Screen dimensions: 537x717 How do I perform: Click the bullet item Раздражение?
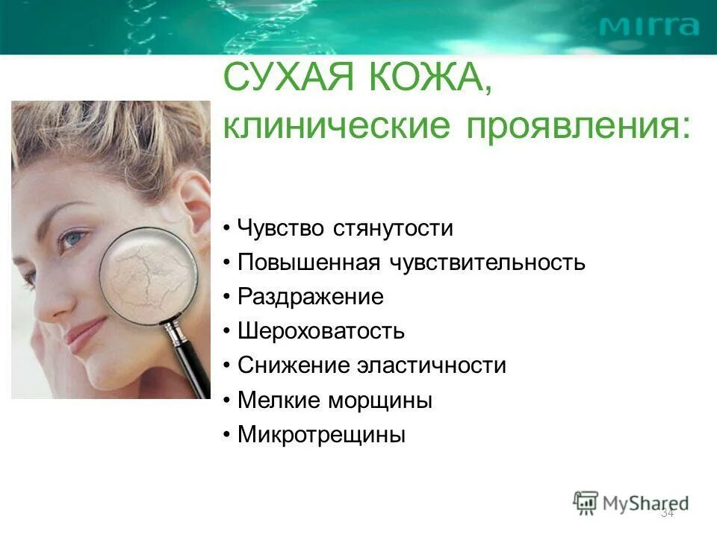[x=310, y=297]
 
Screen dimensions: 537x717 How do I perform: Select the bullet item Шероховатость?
[x=321, y=331]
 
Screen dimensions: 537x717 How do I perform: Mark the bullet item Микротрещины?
[x=321, y=435]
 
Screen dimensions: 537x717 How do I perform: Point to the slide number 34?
[x=668, y=513]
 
